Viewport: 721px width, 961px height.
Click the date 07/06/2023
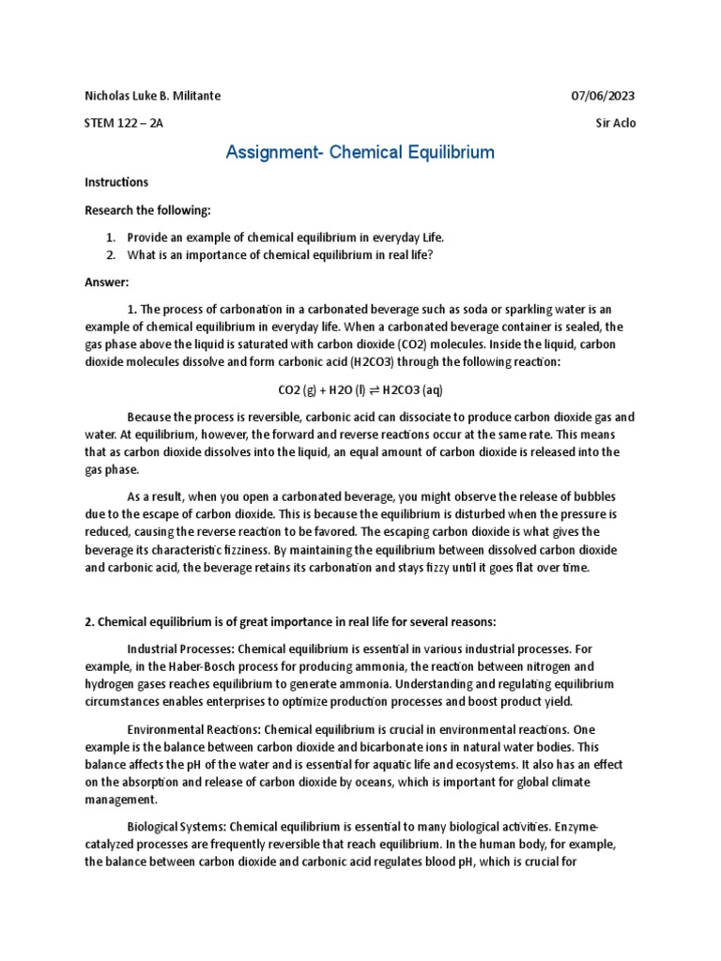(x=604, y=97)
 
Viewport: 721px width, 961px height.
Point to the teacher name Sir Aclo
(x=616, y=123)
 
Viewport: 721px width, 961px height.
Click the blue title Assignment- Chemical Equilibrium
(x=360, y=152)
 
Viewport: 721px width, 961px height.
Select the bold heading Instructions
(x=116, y=182)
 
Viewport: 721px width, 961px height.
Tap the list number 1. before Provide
(x=110, y=237)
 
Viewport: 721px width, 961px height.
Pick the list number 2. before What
(x=110, y=254)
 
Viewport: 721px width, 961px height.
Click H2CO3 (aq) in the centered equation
(x=408, y=389)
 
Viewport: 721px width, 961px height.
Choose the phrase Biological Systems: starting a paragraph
(x=176, y=827)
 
